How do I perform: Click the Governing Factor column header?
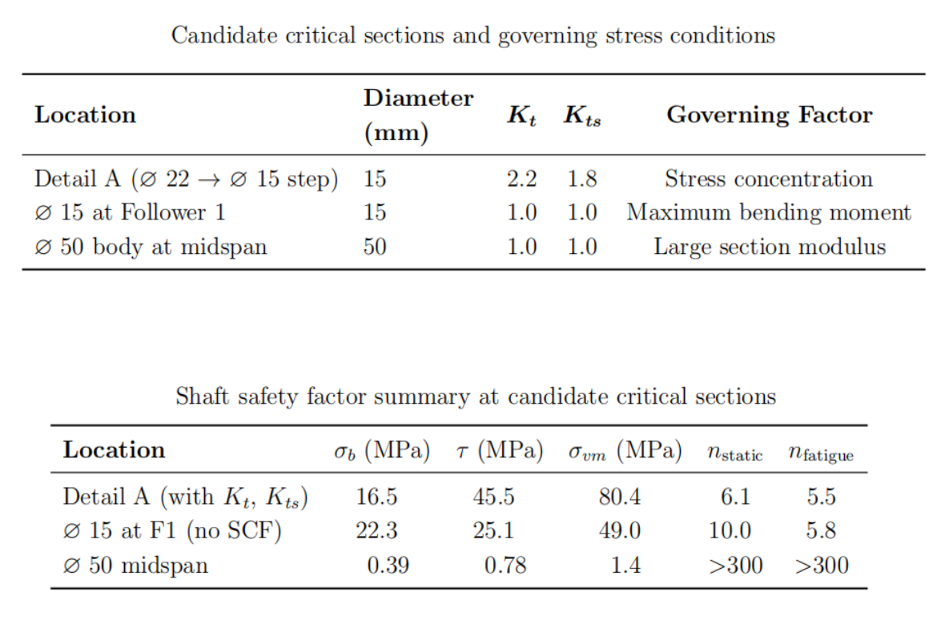pos(770,115)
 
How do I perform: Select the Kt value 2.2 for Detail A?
pos(521,179)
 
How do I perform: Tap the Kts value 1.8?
pos(581,179)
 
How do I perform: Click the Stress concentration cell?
pos(769,179)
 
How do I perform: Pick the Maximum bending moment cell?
pos(769,212)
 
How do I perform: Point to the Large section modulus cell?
pos(770,247)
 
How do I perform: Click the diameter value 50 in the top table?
pos(375,247)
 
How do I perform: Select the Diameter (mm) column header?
pos(418,115)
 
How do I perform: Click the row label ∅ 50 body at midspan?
pos(151,247)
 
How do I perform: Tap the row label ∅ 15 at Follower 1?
pos(130,212)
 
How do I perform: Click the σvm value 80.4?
pos(620,497)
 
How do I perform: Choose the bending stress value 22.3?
pos(376,531)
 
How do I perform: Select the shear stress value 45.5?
pos(493,497)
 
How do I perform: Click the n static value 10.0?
pos(730,531)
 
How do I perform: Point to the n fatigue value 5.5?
pos(821,497)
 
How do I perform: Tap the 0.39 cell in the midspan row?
pos(388,566)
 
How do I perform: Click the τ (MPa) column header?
pos(500,451)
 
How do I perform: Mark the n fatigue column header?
pos(821,453)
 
